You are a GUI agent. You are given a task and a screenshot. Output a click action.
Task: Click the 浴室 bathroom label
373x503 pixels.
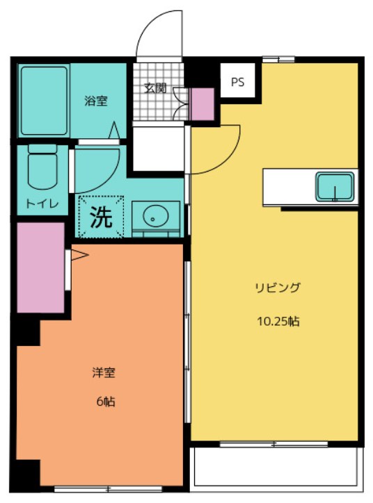[x=96, y=101]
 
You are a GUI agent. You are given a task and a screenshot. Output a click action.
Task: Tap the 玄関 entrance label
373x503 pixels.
[x=155, y=88]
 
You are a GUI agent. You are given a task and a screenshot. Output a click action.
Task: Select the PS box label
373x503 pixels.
[x=238, y=82]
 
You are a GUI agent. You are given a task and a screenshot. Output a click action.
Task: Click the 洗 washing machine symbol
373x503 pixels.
[x=102, y=218]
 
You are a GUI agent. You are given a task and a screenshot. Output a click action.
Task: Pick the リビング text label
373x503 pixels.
[x=277, y=288]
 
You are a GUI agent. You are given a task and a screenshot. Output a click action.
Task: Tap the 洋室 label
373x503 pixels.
[x=104, y=372]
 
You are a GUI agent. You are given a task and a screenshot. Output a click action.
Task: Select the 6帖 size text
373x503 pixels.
[x=106, y=402]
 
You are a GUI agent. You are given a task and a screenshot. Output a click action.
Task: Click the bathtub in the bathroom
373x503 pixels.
[x=44, y=101]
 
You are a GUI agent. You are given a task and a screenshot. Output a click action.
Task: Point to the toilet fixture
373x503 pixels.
[x=41, y=170]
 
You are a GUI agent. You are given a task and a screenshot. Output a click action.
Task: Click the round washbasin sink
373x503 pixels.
[x=154, y=217]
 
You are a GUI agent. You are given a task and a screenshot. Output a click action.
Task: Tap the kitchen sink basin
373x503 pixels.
[x=335, y=186]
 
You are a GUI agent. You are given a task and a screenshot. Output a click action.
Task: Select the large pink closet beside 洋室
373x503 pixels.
[x=40, y=267]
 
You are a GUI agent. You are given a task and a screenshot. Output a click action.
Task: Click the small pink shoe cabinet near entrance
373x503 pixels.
[x=203, y=104]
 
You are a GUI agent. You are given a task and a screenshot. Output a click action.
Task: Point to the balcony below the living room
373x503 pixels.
[x=277, y=466]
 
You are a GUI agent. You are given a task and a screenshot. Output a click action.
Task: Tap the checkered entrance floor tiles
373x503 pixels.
[x=156, y=104]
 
